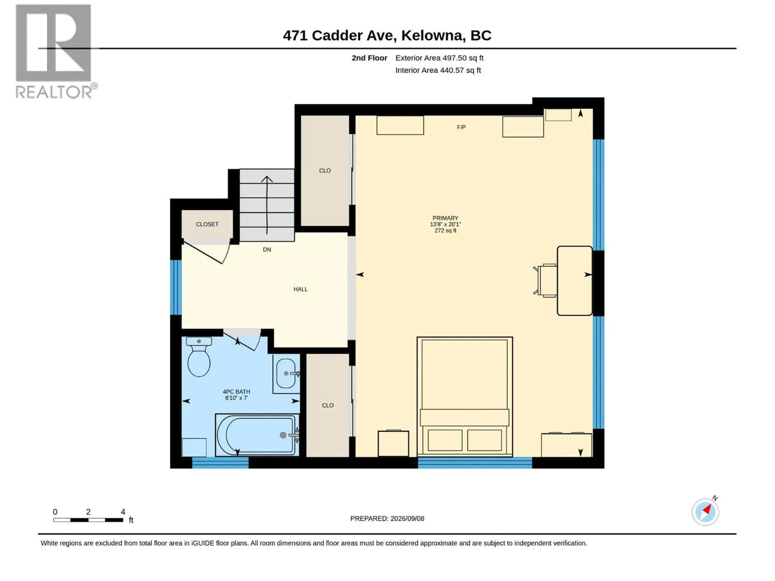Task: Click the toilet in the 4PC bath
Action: tap(199, 356)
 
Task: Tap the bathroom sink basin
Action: tap(286, 373)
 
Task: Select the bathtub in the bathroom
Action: tap(257, 435)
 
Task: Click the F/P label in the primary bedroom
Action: tap(461, 127)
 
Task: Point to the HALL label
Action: tap(300, 289)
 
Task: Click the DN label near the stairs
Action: tap(266, 250)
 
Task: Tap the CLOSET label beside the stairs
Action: tap(207, 224)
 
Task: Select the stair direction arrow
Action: tap(266, 205)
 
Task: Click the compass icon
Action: tap(705, 512)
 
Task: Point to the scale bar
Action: tap(88, 520)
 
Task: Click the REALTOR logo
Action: tap(56, 51)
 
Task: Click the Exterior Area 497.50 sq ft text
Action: tap(439, 58)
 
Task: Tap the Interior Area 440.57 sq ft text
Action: tap(438, 70)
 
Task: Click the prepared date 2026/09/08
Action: tap(407, 519)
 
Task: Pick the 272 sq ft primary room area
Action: tap(445, 231)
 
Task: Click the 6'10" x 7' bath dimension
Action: tap(236, 398)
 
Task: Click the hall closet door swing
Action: tap(207, 251)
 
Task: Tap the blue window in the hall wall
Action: tap(175, 287)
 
